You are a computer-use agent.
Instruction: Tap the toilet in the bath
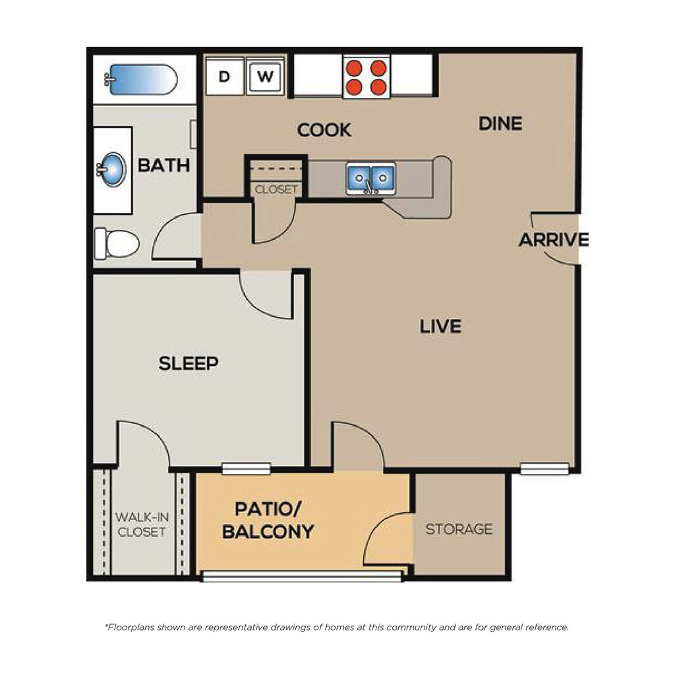pyautogui.click(x=117, y=244)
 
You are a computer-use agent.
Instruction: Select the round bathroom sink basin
pyautogui.click(x=112, y=169)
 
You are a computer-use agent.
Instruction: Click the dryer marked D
pyautogui.click(x=225, y=76)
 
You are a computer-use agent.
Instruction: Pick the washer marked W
pyautogui.click(x=265, y=76)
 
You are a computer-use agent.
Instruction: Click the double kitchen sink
pyautogui.click(x=371, y=177)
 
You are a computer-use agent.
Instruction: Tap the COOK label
pyautogui.click(x=324, y=130)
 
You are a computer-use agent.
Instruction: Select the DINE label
pyautogui.click(x=500, y=124)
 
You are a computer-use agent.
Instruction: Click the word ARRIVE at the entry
pyautogui.click(x=553, y=240)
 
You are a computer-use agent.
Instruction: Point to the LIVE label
pyautogui.click(x=440, y=326)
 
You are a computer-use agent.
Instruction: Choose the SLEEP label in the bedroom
pyautogui.click(x=189, y=363)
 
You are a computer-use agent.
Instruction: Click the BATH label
pyautogui.click(x=163, y=165)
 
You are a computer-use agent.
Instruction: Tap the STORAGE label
pyautogui.click(x=459, y=529)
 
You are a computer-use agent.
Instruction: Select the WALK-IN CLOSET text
pyautogui.click(x=142, y=524)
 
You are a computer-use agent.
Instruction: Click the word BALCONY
pyautogui.click(x=268, y=532)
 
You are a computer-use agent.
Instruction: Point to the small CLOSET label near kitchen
pyautogui.click(x=276, y=189)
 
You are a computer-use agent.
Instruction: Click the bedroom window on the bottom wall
pyautogui.click(x=246, y=469)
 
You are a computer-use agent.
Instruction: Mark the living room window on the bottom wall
pyautogui.click(x=544, y=469)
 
